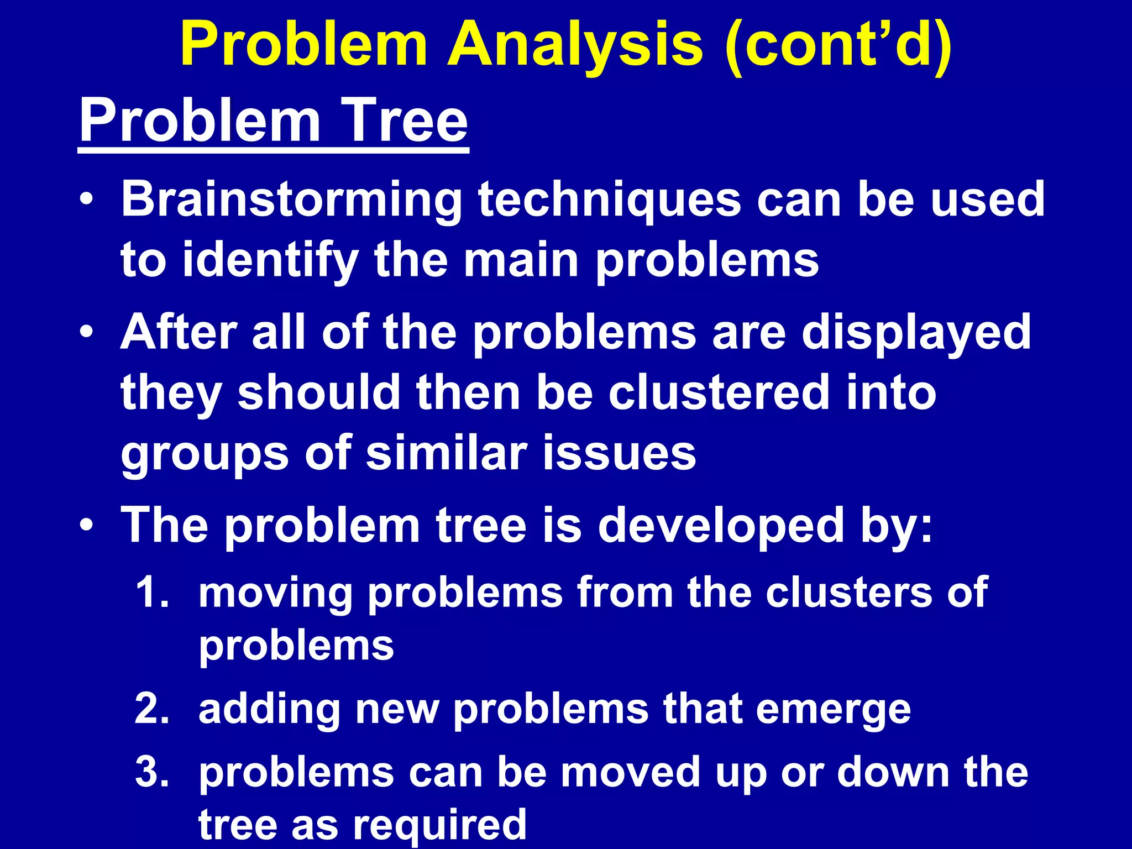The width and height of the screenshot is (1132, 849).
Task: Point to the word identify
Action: pyautogui.click(x=271, y=261)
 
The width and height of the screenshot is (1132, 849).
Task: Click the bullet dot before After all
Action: pyautogui.click(x=86, y=333)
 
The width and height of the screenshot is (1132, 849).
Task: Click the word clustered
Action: pyautogui.click(x=719, y=393)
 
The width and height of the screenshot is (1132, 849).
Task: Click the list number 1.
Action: pyautogui.click(x=150, y=593)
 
